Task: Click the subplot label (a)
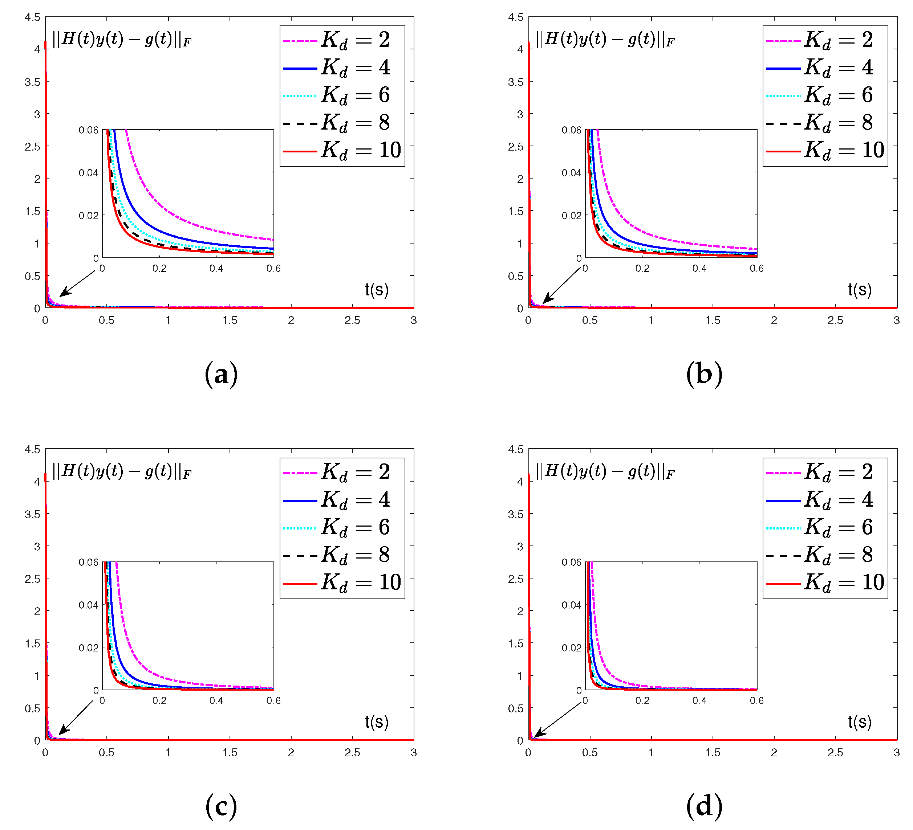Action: [221, 374]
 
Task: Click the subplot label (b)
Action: [704, 374]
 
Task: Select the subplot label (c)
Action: [221, 806]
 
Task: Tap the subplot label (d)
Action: [704, 806]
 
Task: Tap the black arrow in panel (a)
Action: [77, 284]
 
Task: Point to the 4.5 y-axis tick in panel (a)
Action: [33, 17]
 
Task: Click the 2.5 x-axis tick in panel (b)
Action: [835, 320]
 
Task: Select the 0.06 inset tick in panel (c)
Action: [88, 563]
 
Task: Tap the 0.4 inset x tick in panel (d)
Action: [699, 700]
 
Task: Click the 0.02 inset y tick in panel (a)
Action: [88, 216]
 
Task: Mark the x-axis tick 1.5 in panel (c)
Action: [230, 752]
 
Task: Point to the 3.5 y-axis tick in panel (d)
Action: [515, 515]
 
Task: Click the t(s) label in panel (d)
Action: [860, 722]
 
